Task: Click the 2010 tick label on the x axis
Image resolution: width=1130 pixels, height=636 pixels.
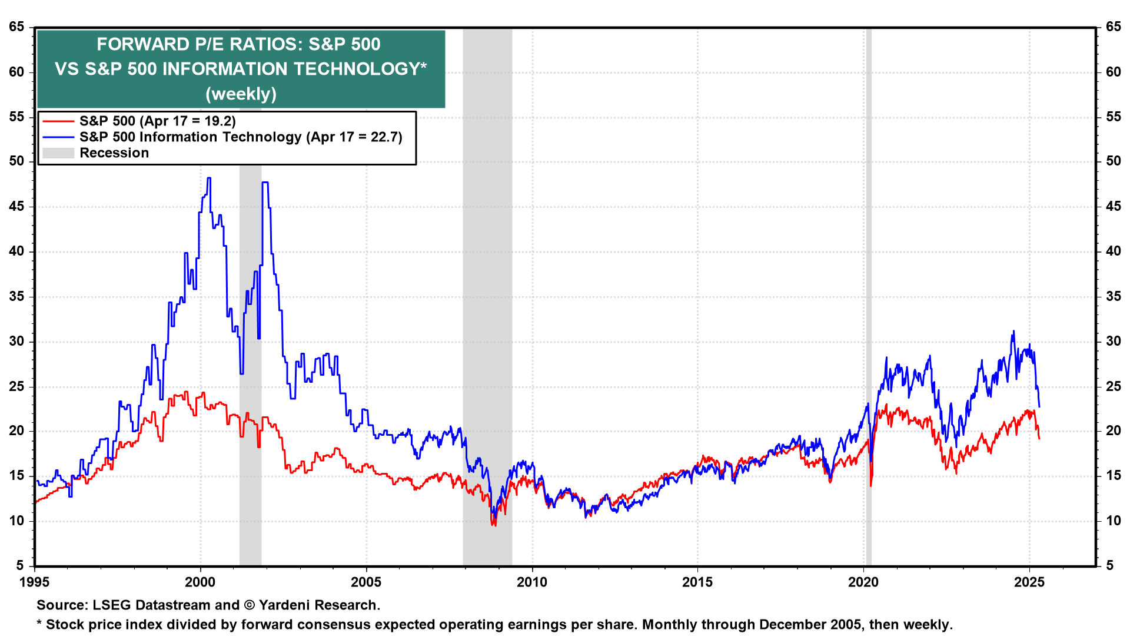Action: tap(531, 582)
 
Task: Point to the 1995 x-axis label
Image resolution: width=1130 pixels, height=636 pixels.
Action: tap(35, 582)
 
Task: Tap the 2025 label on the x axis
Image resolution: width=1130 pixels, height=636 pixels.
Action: tap(1029, 582)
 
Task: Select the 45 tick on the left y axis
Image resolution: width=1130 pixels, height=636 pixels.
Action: tap(16, 206)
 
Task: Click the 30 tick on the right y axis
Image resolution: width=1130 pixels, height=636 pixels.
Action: tap(1113, 341)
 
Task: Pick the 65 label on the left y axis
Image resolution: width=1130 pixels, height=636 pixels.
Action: tap(16, 27)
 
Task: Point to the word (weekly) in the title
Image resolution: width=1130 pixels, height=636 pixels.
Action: tap(241, 94)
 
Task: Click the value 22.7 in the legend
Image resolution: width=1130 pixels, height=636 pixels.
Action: tap(384, 137)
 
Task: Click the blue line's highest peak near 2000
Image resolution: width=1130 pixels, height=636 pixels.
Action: tap(208, 178)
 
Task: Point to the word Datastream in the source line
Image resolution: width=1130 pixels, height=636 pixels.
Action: tap(173, 605)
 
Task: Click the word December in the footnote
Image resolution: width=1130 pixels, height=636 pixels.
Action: tap(790, 624)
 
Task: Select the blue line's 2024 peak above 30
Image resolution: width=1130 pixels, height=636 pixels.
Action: tap(1013, 332)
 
